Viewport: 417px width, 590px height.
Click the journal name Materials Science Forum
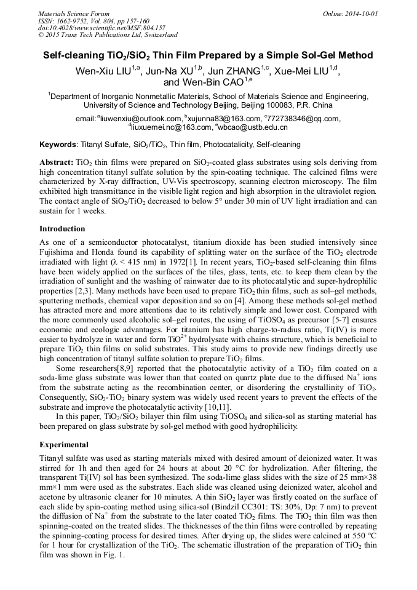pos(74,13)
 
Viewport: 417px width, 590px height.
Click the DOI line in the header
pos(101,28)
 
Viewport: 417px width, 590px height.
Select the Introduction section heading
pos(63,229)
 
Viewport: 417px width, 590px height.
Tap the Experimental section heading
pos(64,444)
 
